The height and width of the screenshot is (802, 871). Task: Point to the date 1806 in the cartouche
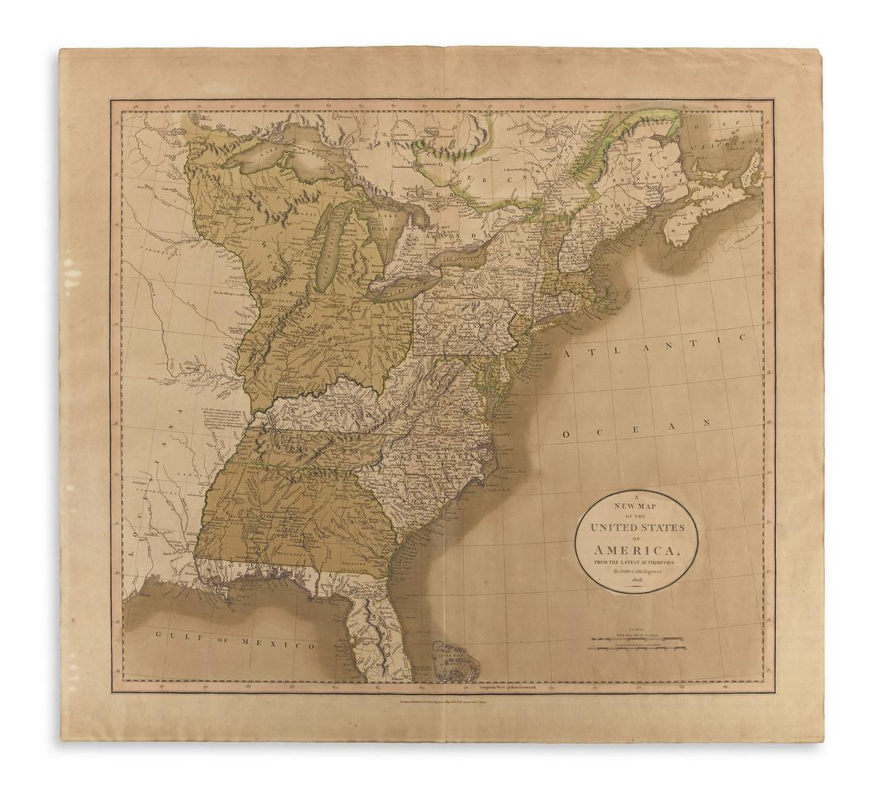coord(636,582)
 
